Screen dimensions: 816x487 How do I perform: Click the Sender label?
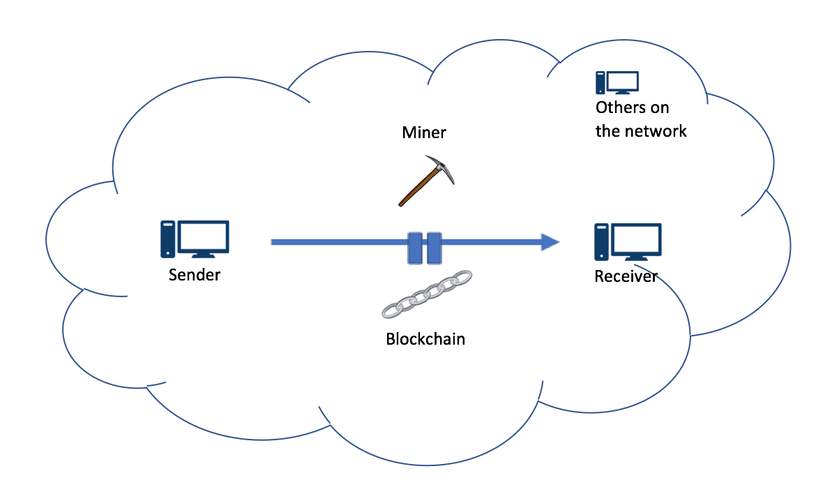click(195, 274)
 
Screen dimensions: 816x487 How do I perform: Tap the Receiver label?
click(626, 276)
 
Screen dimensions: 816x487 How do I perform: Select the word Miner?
click(424, 133)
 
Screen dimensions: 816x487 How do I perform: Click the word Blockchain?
click(425, 339)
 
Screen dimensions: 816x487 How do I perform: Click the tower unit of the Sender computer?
click(167, 239)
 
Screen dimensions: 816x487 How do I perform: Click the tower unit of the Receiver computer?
click(602, 242)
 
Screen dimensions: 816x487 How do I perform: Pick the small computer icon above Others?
click(617, 83)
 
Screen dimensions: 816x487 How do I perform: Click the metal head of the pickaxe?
click(441, 167)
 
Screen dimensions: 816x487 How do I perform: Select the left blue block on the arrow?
click(415, 248)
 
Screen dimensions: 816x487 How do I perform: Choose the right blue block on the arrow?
click(434, 248)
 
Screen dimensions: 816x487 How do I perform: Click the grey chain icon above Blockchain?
click(427, 294)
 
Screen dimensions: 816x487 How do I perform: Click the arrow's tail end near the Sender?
click(272, 242)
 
